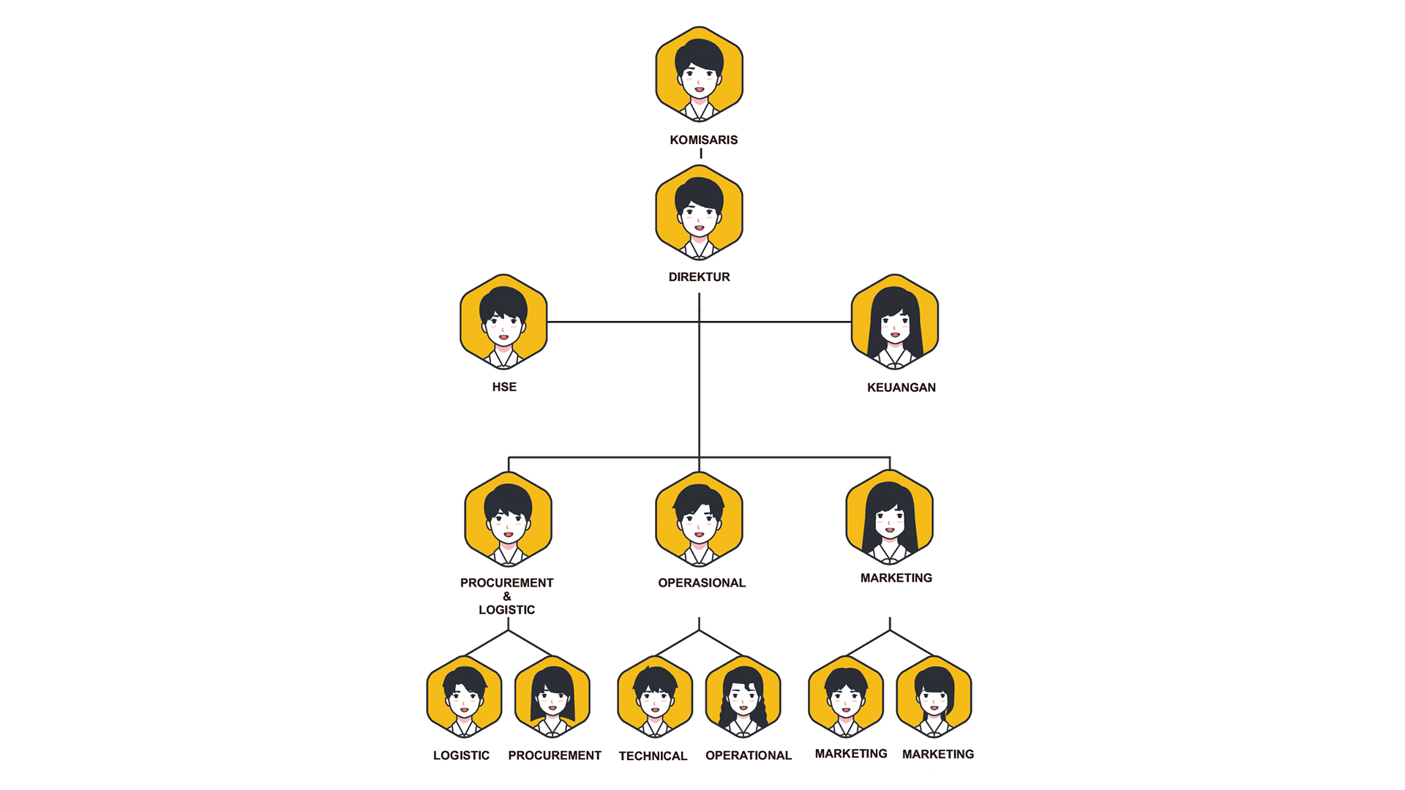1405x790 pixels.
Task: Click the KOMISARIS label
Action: click(x=703, y=140)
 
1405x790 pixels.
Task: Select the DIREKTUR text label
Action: click(x=699, y=277)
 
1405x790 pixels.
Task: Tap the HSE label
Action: click(x=504, y=387)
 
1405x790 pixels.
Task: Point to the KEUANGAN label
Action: click(x=901, y=388)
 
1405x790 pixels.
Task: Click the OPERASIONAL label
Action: click(x=701, y=583)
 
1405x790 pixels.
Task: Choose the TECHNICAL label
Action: click(x=653, y=756)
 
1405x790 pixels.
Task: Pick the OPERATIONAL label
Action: click(x=748, y=756)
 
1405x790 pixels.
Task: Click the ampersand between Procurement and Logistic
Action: click(x=507, y=596)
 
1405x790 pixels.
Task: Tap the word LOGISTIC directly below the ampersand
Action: click(x=506, y=610)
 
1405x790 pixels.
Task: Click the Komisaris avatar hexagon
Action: click(x=699, y=74)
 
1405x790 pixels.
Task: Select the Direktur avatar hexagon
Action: click(x=699, y=212)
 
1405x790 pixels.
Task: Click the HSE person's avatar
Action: click(x=503, y=322)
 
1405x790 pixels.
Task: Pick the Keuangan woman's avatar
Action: click(x=894, y=322)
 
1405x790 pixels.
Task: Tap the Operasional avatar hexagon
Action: click(x=699, y=519)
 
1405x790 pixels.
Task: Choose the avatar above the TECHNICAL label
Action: click(x=655, y=697)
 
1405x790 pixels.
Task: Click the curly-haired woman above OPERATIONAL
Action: click(x=743, y=697)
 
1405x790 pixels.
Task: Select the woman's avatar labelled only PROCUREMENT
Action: click(x=552, y=697)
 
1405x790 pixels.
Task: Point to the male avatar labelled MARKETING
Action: click(x=846, y=697)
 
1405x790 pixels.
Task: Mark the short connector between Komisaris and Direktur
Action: click(x=700, y=154)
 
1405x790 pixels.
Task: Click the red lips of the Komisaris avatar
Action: click(x=699, y=90)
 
